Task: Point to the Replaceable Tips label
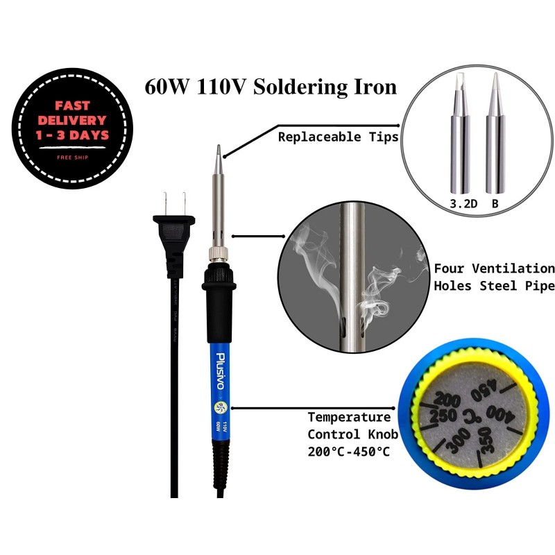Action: (x=338, y=137)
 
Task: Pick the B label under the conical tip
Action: (x=495, y=204)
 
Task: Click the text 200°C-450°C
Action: (x=349, y=452)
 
